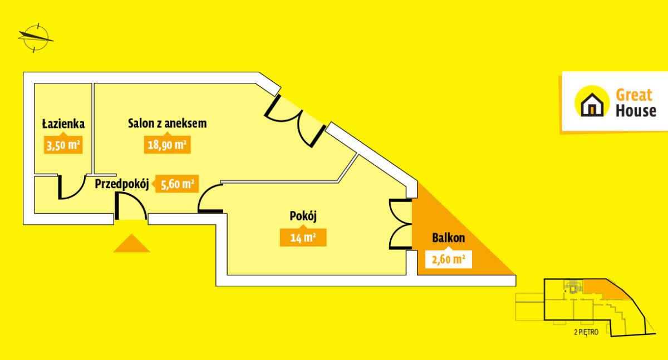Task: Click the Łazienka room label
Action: point(63,124)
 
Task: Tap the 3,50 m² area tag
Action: point(63,145)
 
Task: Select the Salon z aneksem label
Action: point(168,123)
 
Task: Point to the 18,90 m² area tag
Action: point(168,145)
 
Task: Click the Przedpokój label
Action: point(122,184)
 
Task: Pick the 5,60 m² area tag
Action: point(177,184)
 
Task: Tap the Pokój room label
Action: point(303,216)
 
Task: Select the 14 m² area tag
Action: point(303,238)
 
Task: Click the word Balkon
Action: point(448,238)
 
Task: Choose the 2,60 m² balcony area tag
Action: point(448,259)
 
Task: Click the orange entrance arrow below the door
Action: point(131,243)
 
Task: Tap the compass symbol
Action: point(36,38)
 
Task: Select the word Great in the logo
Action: point(634,95)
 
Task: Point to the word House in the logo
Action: point(636,111)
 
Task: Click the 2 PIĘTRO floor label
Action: point(586,332)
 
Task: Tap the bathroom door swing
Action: point(72,187)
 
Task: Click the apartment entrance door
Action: point(131,206)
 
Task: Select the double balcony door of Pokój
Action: point(401,224)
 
